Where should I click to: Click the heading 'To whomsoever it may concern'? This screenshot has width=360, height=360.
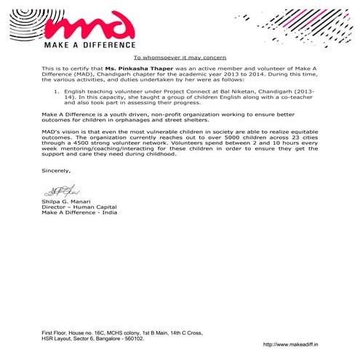click(180, 57)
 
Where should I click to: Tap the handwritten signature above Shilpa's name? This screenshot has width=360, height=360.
click(55, 191)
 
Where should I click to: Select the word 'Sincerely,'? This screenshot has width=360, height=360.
click(56, 170)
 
